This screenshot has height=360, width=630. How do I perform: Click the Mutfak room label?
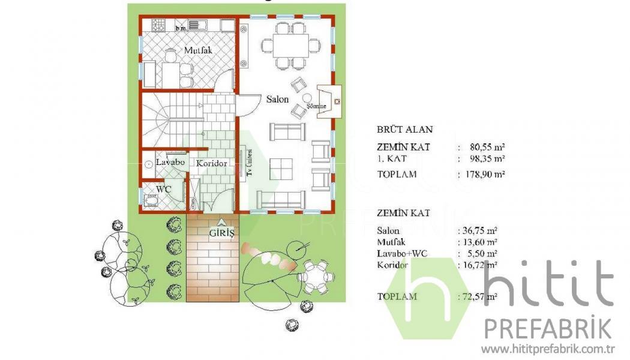pyautogui.click(x=198, y=50)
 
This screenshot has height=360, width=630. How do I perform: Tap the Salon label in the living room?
pyautogui.click(x=277, y=99)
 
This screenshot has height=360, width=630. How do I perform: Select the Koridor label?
pyautogui.click(x=211, y=164)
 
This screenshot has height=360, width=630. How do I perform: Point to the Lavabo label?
pyautogui.click(x=170, y=163)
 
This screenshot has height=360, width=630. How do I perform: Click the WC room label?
pyautogui.click(x=164, y=189)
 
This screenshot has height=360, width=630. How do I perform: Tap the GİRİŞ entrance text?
pyautogui.click(x=221, y=233)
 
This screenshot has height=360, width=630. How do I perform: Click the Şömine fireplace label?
pyautogui.click(x=316, y=106)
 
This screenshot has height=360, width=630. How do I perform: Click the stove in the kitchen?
pyautogui.click(x=158, y=25)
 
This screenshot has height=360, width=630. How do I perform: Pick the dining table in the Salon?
pyautogui.click(x=291, y=46)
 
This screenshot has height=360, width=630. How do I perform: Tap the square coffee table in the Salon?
pyautogui.click(x=281, y=169)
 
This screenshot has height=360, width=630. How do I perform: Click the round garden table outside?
pyautogui.click(x=316, y=277)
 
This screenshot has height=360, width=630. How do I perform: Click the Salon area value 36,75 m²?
pyautogui.click(x=480, y=230)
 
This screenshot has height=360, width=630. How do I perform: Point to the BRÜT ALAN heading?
pyautogui.click(x=404, y=130)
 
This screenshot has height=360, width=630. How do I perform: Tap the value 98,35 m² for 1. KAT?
pyautogui.click(x=487, y=158)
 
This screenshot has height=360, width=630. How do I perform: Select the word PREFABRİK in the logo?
pyautogui.click(x=548, y=329)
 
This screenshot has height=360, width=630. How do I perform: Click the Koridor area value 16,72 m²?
pyautogui.click(x=480, y=265)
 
